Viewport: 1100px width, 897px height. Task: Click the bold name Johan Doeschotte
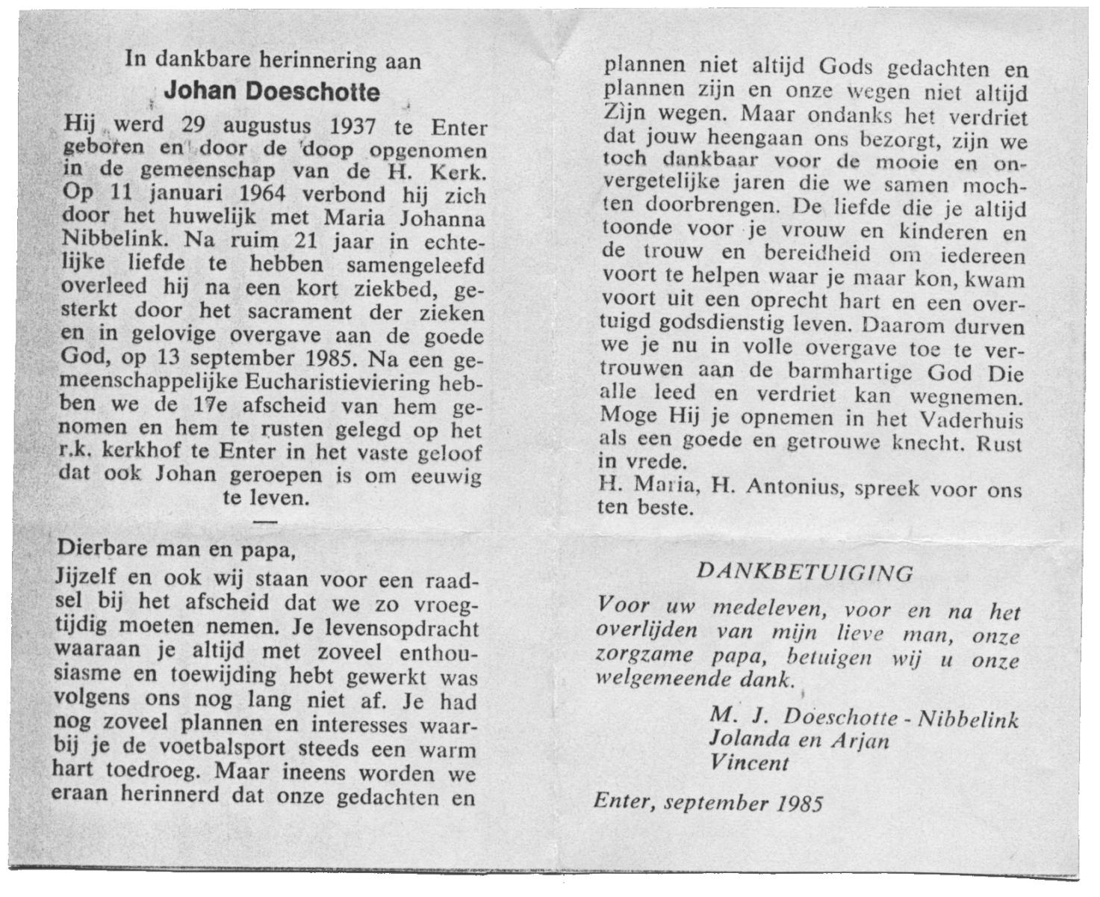coord(271,92)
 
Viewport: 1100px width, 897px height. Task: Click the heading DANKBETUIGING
coord(805,573)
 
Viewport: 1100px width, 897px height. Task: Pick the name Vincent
coord(749,763)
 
